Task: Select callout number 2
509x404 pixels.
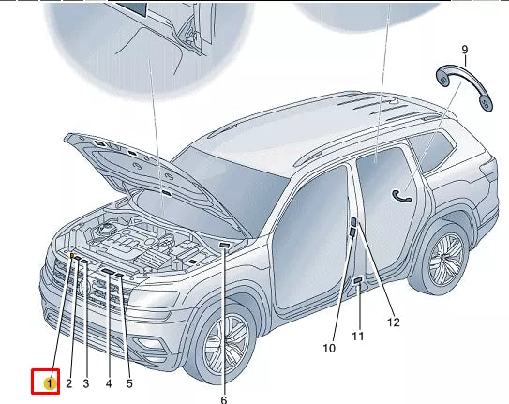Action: point(68,383)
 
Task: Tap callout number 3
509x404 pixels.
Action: point(86,383)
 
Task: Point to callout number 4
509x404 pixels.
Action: point(109,383)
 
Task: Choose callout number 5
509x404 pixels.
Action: point(129,383)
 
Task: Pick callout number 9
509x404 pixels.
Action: point(464,49)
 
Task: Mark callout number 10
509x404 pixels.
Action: point(329,348)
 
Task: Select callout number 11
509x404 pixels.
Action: point(357,336)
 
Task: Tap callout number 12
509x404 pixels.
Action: point(393,322)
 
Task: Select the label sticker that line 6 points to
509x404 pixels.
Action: point(225,245)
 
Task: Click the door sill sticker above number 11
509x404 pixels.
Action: point(358,279)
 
